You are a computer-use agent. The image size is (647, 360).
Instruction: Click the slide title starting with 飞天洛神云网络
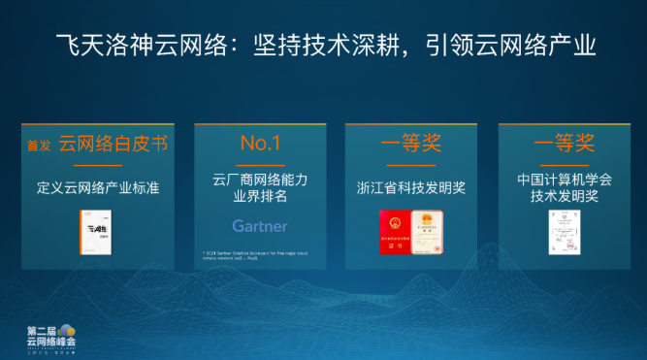tap(323, 46)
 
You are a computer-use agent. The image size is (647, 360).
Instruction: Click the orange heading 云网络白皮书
tap(113, 145)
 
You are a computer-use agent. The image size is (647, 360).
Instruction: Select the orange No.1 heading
tap(260, 145)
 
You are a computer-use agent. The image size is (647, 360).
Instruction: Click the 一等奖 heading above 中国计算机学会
tap(565, 145)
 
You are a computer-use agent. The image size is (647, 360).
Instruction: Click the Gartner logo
tap(260, 226)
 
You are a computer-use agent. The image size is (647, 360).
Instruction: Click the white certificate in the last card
tap(565, 233)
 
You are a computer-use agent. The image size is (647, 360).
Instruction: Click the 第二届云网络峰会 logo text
tap(49, 342)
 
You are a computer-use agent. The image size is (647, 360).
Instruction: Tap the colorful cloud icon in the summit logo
tap(65, 330)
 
